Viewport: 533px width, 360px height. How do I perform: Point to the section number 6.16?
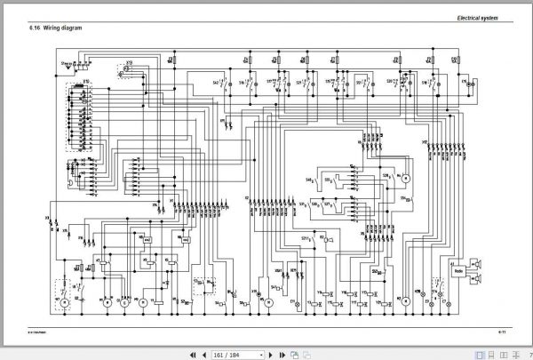pos(35,28)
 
